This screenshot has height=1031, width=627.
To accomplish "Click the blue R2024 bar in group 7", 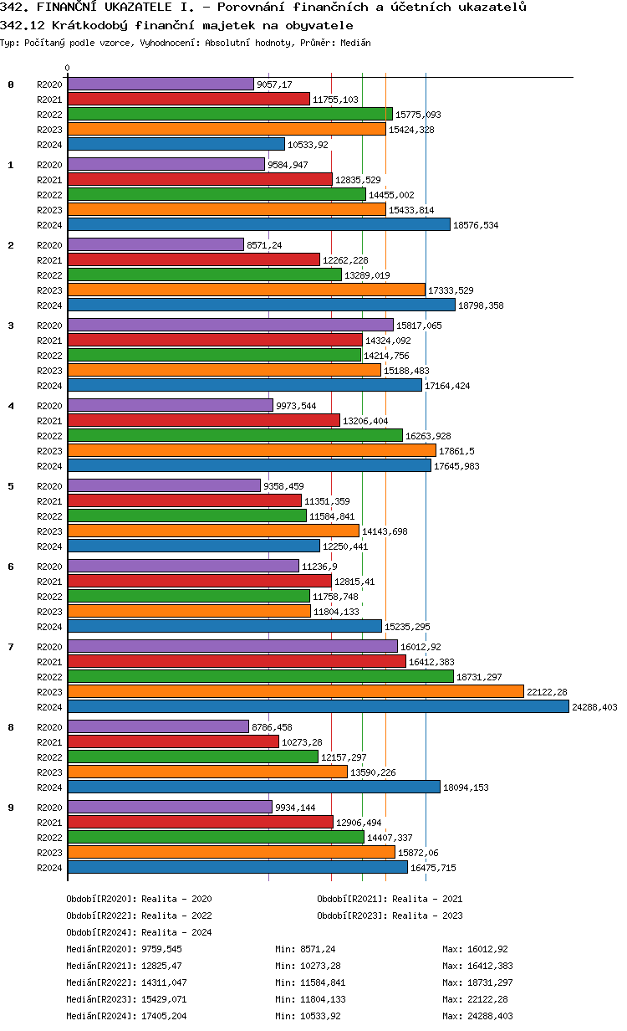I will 318,706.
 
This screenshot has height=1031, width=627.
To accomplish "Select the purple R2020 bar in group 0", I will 161,84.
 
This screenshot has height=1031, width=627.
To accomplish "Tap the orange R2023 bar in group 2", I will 247,290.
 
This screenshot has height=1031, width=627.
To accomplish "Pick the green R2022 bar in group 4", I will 235,435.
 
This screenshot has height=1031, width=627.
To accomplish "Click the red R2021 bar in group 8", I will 173,741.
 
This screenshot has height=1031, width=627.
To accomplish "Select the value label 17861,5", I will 460,451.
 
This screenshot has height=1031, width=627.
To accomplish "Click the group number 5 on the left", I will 11,486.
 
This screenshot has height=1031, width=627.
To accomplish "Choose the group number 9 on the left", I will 11,808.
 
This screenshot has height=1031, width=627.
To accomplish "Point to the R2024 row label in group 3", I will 49,386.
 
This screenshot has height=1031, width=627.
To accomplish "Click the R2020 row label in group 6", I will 49,567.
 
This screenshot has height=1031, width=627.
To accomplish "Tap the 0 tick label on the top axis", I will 68,69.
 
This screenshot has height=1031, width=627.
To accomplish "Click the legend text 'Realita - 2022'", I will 176,916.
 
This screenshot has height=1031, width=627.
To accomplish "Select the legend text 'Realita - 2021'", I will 427,899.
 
